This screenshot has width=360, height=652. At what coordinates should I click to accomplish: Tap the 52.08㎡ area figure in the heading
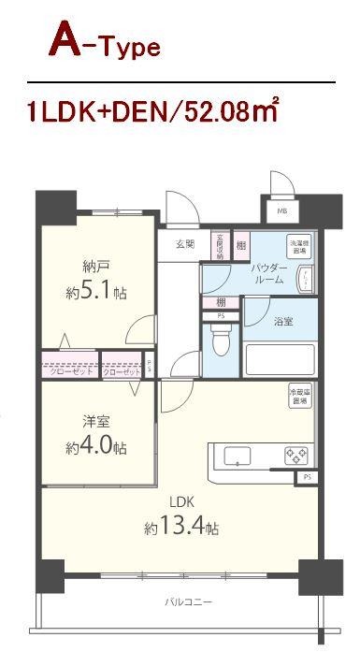[225, 114]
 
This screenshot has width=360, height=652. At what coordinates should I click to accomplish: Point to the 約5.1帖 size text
[96, 292]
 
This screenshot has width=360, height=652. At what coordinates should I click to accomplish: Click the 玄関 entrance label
[184, 245]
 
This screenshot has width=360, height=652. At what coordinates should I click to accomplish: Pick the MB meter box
[282, 211]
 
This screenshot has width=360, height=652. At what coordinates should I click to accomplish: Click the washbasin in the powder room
[304, 278]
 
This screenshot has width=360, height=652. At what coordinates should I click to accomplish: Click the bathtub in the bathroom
[280, 359]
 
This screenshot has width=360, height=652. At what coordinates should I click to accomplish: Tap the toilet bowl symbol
[220, 343]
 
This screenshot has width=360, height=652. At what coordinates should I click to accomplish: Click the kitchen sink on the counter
[238, 456]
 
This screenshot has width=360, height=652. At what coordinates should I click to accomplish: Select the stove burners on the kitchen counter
[295, 456]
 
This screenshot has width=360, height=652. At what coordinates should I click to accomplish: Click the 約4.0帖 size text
[95, 448]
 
